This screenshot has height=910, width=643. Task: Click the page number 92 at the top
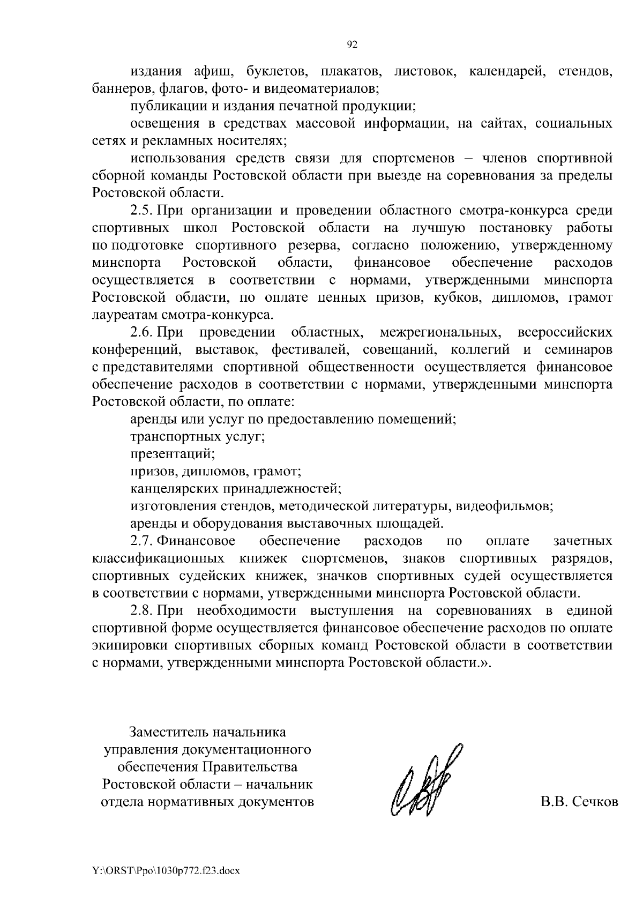point(352,45)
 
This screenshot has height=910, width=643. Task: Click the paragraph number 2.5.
point(143,211)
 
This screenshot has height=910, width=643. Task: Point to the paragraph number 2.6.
point(143,332)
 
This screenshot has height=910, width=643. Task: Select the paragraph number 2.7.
point(143,541)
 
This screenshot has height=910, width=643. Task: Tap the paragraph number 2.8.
point(143,611)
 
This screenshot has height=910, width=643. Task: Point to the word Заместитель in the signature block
point(168,732)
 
